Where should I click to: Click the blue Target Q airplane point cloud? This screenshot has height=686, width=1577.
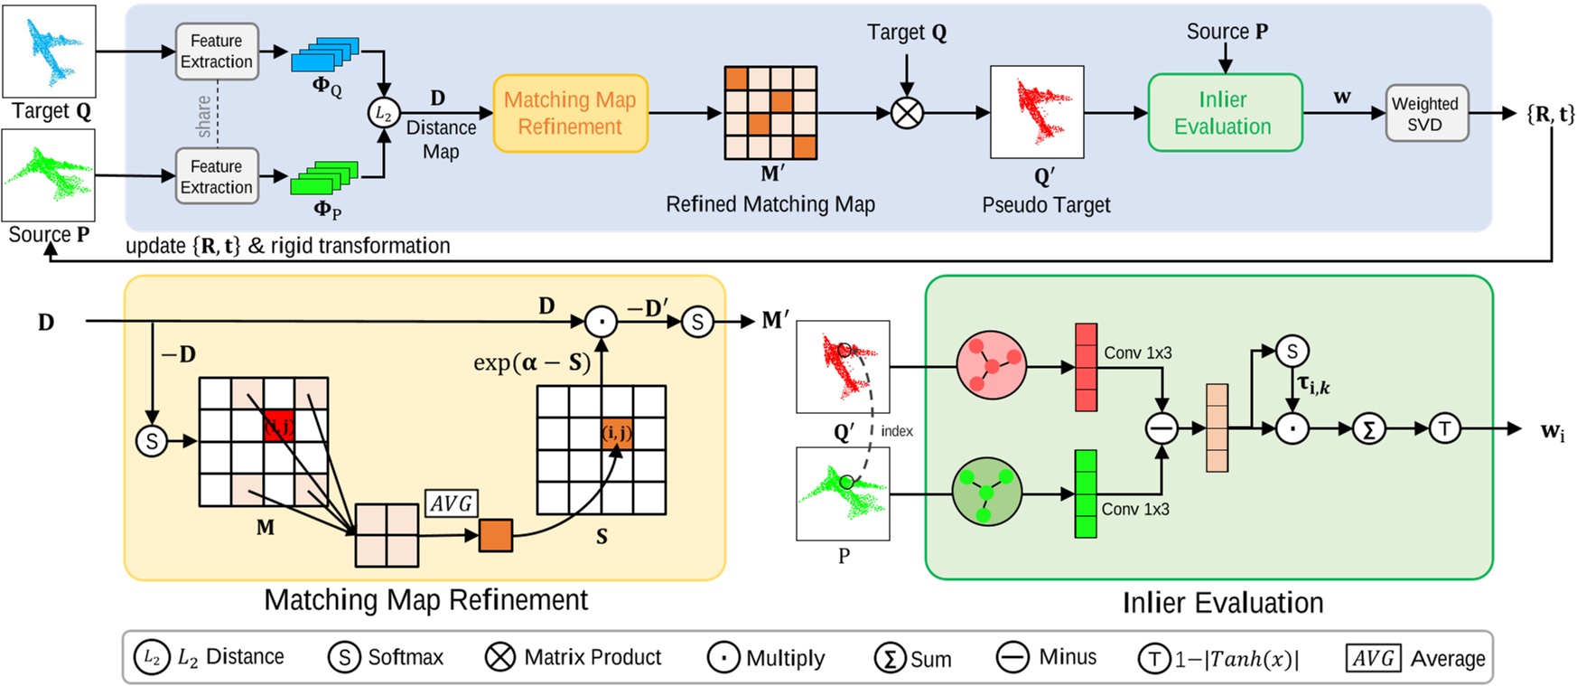[x=50, y=50]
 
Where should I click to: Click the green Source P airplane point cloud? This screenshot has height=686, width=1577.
[x=49, y=175]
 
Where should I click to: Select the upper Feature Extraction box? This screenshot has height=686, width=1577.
[x=217, y=52]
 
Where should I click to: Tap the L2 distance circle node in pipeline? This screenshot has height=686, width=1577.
[x=384, y=113]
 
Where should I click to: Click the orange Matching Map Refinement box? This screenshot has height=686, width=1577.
[x=570, y=113]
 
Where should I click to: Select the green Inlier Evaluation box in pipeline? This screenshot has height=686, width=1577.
[x=1224, y=113]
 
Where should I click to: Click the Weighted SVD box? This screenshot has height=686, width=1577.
[x=1426, y=114]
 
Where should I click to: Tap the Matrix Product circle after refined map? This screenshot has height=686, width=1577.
[x=907, y=113]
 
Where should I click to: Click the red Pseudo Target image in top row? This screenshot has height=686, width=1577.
[x=1037, y=112]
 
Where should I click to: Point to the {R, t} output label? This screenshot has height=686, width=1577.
[x=1550, y=114]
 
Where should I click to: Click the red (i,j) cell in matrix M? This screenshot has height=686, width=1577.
[x=279, y=425]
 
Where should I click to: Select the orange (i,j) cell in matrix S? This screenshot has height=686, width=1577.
[x=617, y=434]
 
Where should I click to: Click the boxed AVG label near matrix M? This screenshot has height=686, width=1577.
[x=451, y=503]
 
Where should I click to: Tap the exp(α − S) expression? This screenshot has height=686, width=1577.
[x=531, y=363]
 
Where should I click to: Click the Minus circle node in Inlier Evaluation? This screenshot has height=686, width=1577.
[x=1162, y=428]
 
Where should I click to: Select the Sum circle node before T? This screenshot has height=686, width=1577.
[x=1369, y=429]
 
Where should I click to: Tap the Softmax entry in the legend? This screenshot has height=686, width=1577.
[x=387, y=657]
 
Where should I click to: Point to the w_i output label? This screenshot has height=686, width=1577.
[x=1552, y=431]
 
